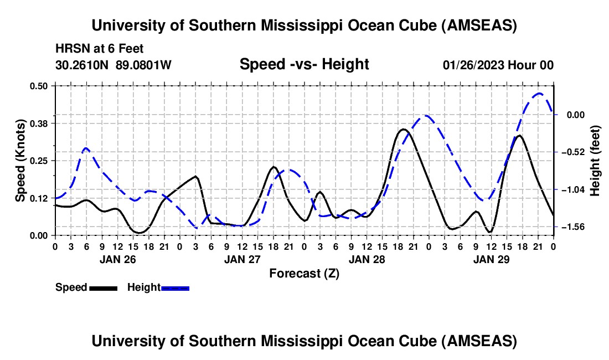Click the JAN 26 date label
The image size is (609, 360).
[117, 259]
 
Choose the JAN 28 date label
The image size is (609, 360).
[366, 259]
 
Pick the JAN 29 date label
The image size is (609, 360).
[491, 259]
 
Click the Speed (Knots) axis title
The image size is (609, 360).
[20, 160]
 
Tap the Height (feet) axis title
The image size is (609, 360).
[595, 160]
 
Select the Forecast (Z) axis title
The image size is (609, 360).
[304, 273]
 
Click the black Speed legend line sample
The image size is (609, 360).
[103, 287]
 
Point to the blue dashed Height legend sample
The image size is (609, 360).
[175, 287]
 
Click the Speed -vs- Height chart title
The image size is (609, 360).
[304, 64]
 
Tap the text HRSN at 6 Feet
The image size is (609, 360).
[100, 49]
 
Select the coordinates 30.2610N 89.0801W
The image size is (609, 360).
[113, 65]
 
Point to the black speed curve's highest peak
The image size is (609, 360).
[403, 130]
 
